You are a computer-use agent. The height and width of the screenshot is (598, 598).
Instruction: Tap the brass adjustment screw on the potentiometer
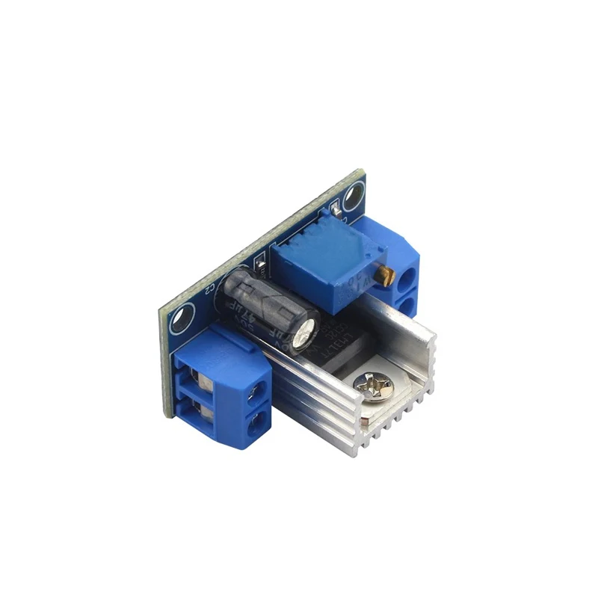click(386, 277)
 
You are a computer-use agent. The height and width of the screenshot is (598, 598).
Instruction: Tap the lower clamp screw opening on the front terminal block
click(197, 410)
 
